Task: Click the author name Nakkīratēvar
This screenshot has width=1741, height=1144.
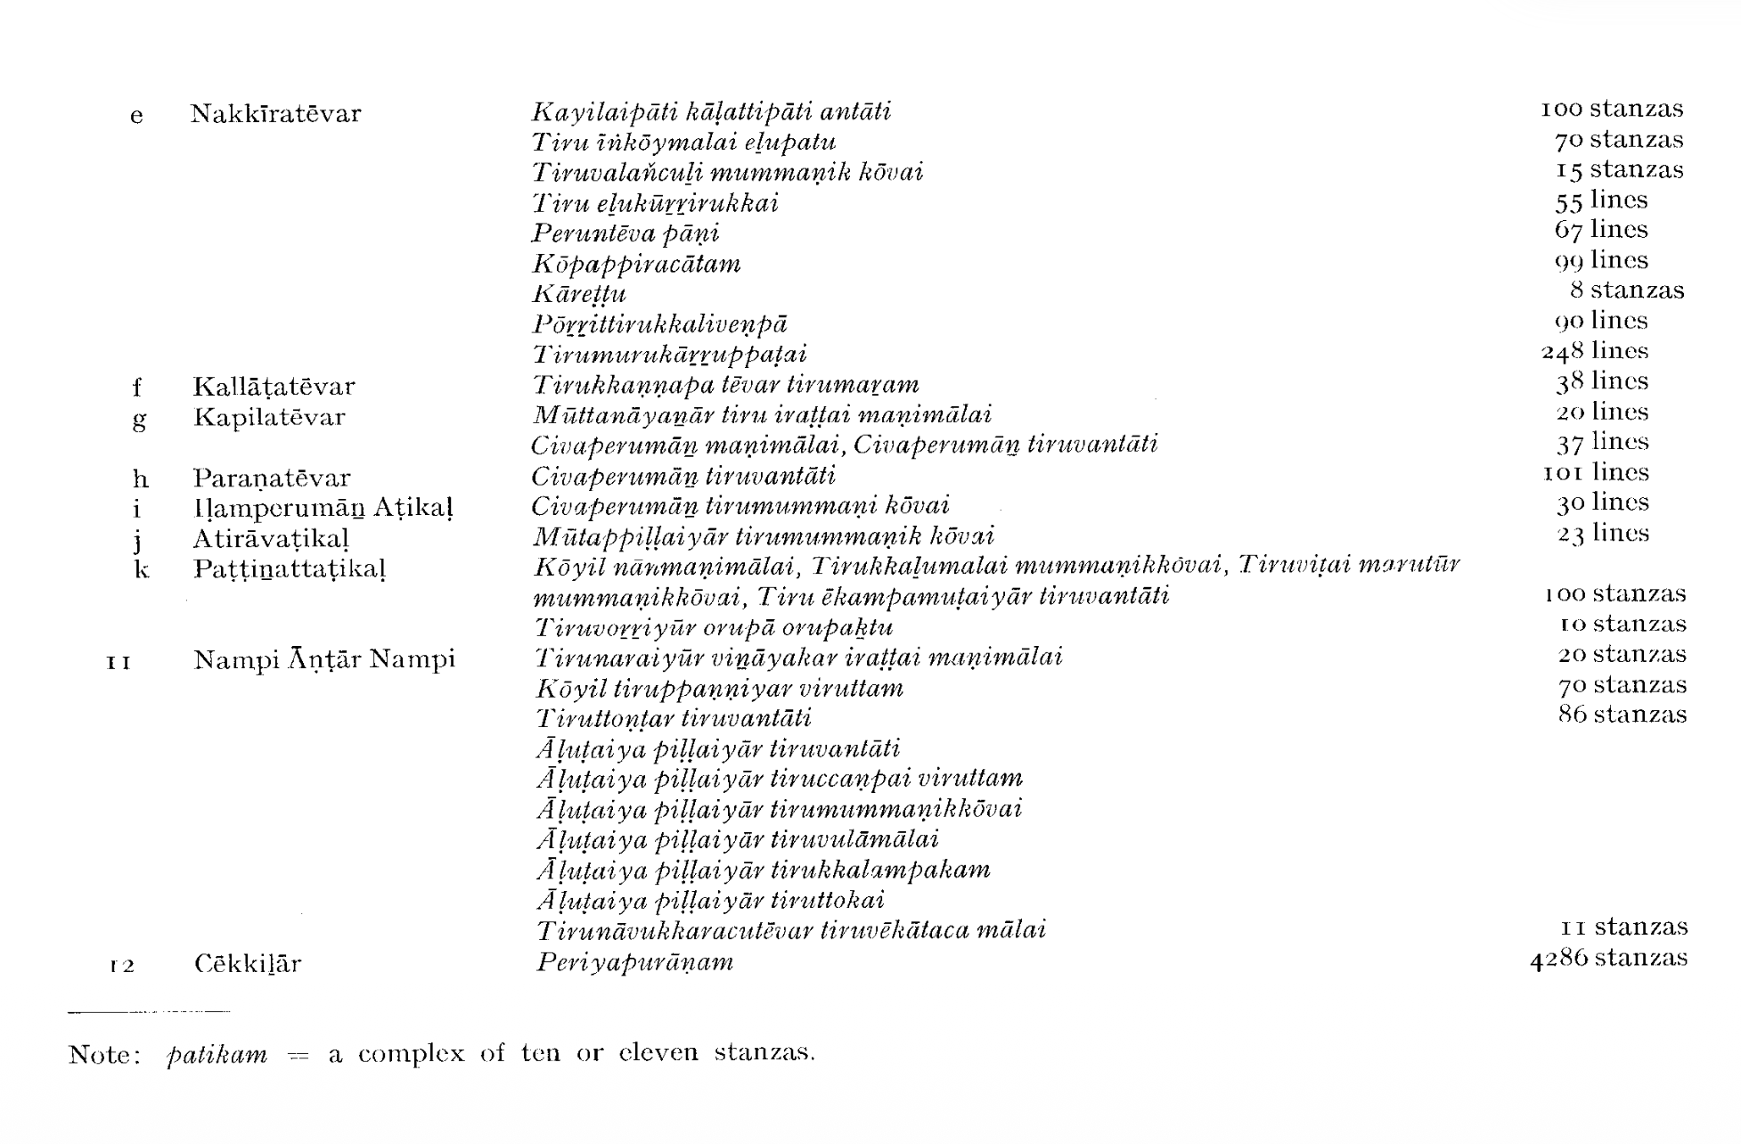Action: click(275, 114)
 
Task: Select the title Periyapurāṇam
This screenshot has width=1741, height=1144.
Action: click(634, 962)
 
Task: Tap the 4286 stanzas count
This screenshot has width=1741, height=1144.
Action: click(1608, 959)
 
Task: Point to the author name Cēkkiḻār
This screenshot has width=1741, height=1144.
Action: click(248, 964)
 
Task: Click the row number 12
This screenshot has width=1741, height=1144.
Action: click(121, 966)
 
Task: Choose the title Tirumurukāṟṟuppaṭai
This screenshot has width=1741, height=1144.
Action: click(669, 355)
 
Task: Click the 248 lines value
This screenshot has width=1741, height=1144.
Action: click(1595, 351)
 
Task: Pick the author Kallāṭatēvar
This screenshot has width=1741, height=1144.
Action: click(274, 387)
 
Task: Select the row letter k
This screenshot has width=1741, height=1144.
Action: click(141, 569)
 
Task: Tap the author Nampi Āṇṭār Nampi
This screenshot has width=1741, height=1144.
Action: click(324, 660)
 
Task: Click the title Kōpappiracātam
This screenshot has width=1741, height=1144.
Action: click(636, 265)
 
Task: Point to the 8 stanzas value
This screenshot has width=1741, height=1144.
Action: click(1627, 290)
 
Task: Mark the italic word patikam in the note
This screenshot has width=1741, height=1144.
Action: click(217, 1055)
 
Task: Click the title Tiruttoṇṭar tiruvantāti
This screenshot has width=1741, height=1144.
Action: click(674, 718)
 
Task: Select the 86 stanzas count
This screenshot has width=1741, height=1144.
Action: click(1622, 715)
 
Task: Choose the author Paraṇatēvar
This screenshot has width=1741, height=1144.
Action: click(272, 478)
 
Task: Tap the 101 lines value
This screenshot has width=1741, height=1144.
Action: click(1596, 472)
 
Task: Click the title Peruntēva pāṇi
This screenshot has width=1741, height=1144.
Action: click(625, 233)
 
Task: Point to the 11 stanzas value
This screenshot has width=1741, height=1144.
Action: click(1623, 927)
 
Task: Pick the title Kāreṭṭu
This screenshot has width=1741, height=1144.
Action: click(579, 294)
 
